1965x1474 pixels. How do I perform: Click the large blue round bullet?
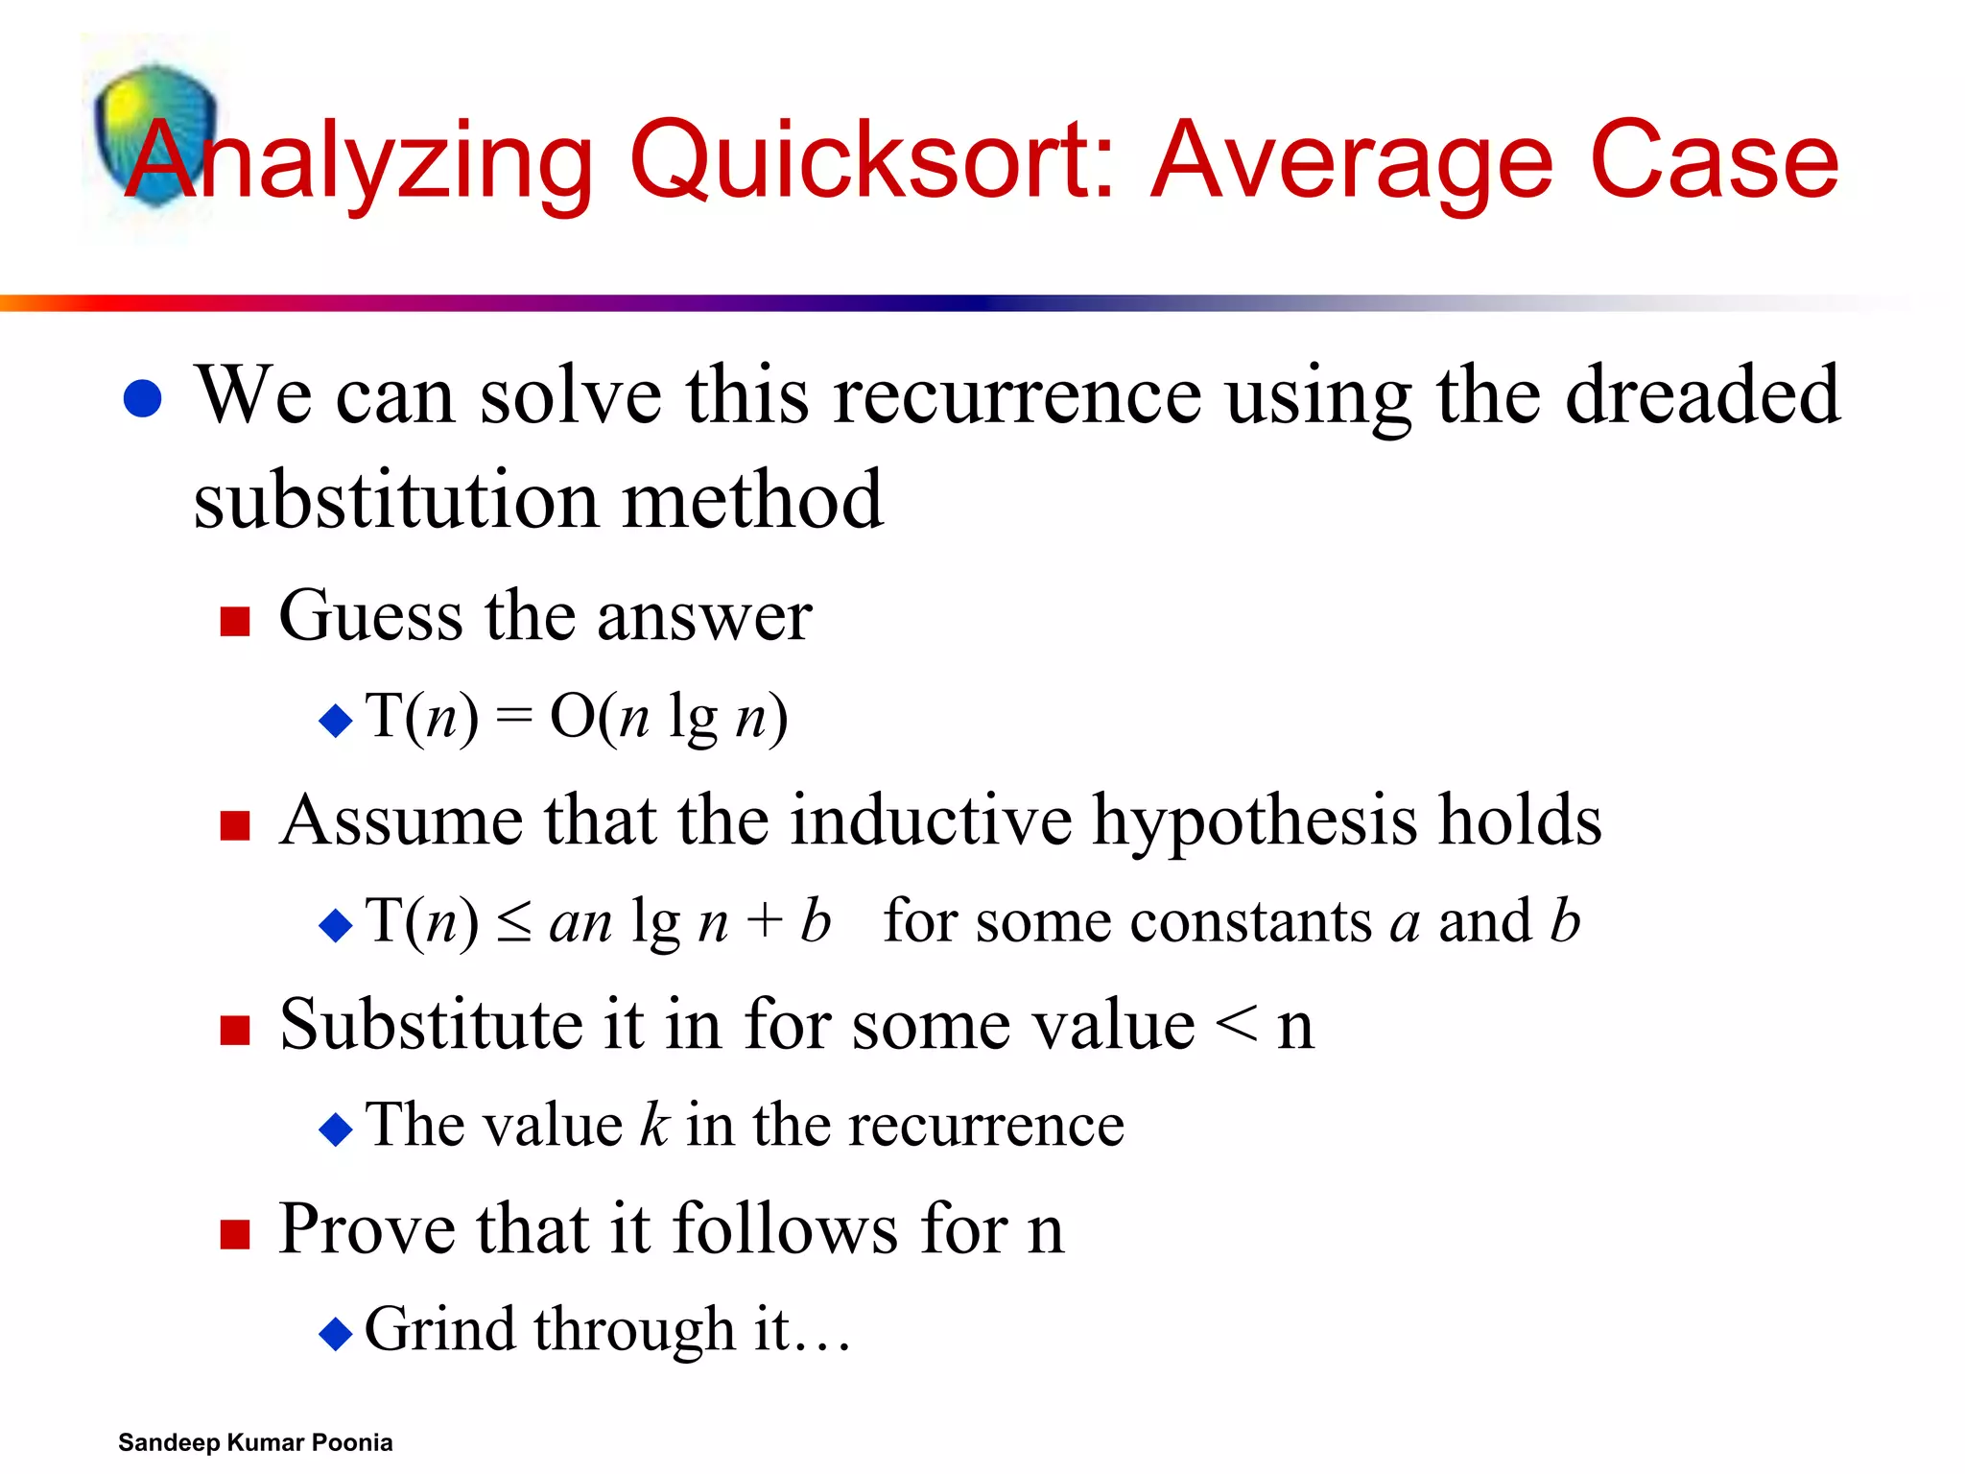click(x=143, y=398)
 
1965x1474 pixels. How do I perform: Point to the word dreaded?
click(x=1702, y=394)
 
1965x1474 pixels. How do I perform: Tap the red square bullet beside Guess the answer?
click(x=235, y=622)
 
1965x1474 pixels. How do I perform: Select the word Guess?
click(x=370, y=615)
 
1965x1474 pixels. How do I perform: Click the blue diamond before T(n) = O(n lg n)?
click(x=336, y=720)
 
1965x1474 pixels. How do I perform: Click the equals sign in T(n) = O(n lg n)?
click(x=514, y=716)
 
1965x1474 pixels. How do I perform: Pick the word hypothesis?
click(x=1255, y=821)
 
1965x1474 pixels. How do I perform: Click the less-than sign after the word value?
click(x=1236, y=1025)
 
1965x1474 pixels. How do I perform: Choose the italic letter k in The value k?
click(x=653, y=1124)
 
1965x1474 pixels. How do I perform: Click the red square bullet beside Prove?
click(x=235, y=1234)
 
